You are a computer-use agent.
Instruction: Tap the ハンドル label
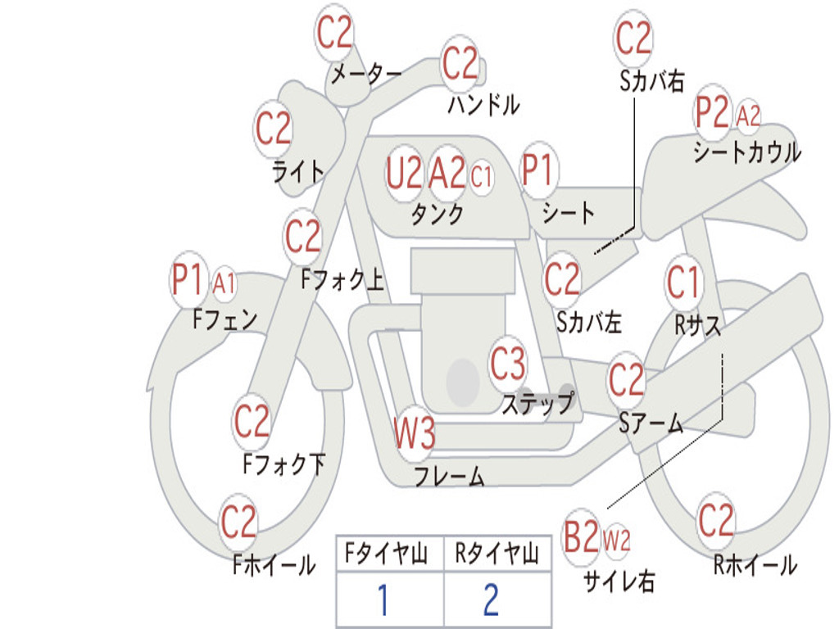point(483,104)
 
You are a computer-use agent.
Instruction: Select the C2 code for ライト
point(273,129)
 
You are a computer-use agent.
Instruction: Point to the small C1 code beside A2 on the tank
point(482,176)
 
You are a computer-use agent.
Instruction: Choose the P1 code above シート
point(537,172)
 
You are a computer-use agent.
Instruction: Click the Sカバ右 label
point(652,80)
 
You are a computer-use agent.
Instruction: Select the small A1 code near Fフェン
point(224,284)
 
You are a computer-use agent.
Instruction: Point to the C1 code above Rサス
point(683,283)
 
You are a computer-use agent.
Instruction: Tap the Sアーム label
point(651,423)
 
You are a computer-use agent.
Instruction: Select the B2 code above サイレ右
point(581,538)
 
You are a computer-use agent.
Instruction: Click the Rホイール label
point(755,564)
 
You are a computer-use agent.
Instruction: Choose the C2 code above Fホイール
point(238,522)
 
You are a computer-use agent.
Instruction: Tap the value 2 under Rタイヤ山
point(490,601)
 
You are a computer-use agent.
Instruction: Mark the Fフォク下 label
point(283,464)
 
